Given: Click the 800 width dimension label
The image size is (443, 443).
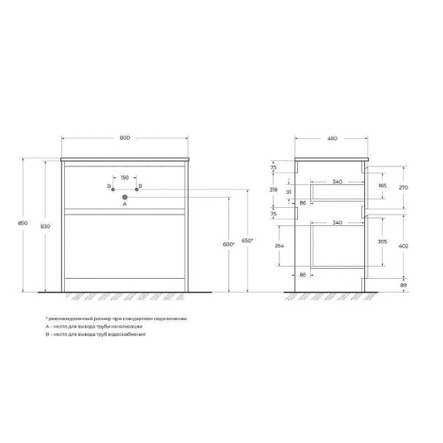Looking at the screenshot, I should [x=125, y=137].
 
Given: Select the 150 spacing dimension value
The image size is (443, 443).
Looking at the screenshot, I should [x=124, y=177].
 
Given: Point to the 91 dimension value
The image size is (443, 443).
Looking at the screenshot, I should [x=287, y=192].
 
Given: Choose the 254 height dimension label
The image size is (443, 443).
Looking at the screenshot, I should [x=280, y=247].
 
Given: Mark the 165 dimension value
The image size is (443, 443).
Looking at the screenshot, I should [x=382, y=185].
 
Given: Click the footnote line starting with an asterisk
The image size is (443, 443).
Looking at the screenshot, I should [x=115, y=318].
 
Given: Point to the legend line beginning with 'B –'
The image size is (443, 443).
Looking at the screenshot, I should [x=95, y=335].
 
